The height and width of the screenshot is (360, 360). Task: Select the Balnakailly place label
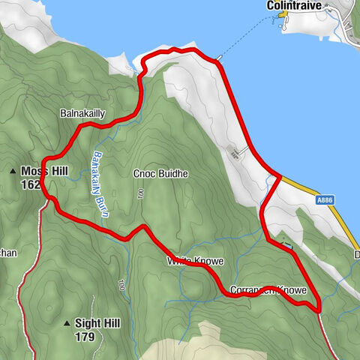pos(82,114)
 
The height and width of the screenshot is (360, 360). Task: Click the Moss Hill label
pos(45,172)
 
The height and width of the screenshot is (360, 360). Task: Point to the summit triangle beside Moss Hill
pos(13,172)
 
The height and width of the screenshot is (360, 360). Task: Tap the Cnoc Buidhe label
pos(160,173)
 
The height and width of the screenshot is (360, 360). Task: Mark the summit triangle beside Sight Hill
pos(66,324)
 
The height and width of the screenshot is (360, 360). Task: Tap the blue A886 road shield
pos(324,199)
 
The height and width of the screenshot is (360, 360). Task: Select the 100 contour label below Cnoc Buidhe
pos(140,194)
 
